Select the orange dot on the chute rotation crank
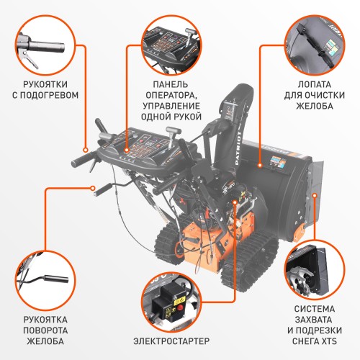[x=94, y=190]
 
